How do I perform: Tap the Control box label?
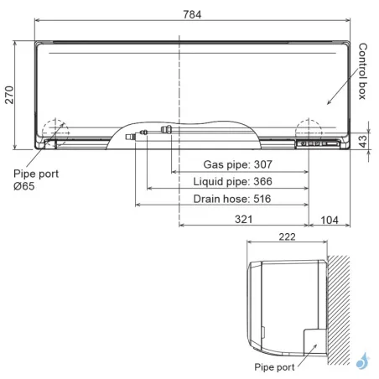pyautogui.click(x=362, y=71)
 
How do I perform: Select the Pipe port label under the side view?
pyautogui.click(x=272, y=366)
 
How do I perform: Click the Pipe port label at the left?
pyautogui.click(x=33, y=174)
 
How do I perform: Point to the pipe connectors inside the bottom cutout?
pyautogui.click(x=159, y=132)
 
